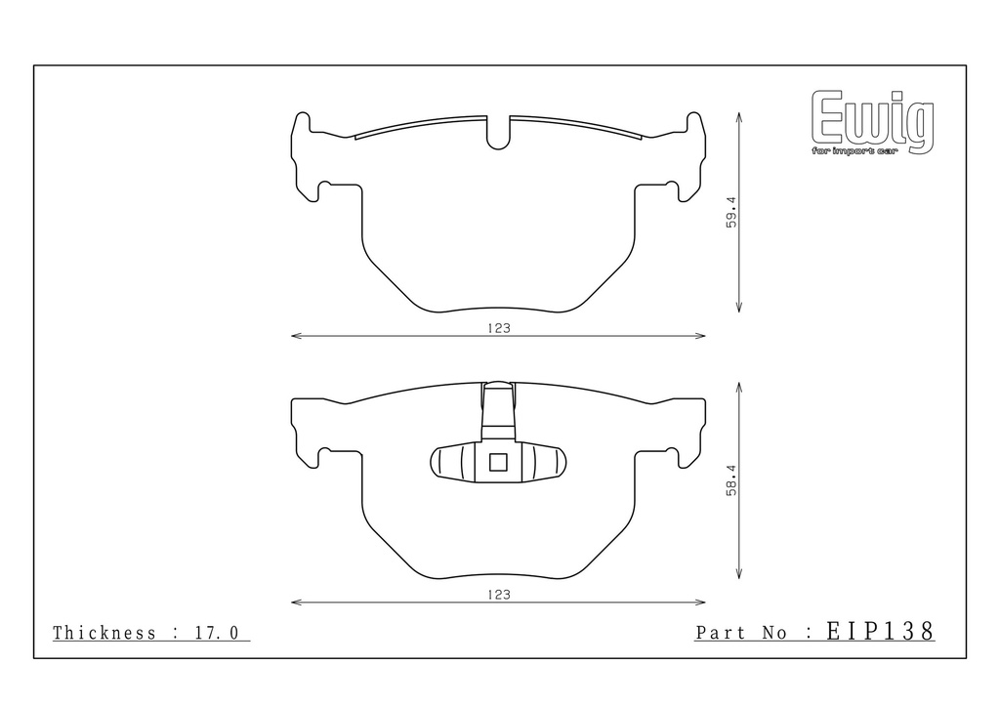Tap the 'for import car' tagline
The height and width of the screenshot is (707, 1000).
point(854,151)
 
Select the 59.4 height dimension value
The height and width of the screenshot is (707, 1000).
point(731,212)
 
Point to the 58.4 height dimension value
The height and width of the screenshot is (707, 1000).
point(731,480)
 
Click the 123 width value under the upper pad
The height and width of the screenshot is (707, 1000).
point(499,328)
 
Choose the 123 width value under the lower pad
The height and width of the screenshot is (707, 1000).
point(499,595)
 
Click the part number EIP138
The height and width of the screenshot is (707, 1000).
point(880,631)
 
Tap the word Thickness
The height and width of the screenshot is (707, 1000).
point(104,633)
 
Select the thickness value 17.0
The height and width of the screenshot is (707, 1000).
point(216,633)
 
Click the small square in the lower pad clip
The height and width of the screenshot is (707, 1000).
point(498,462)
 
